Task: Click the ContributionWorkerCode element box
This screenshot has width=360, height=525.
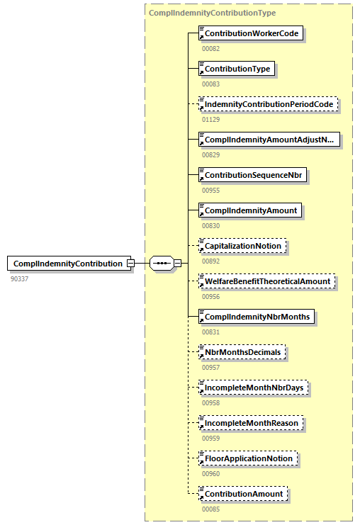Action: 251,33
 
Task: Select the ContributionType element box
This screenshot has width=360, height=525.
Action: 236,69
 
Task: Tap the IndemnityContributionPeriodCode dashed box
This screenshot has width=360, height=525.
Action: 267,104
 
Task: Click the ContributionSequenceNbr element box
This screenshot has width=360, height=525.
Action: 252,175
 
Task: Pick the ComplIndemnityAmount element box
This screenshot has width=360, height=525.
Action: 250,210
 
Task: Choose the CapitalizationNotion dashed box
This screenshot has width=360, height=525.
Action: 243,246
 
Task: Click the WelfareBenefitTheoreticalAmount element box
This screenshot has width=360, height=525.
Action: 266,281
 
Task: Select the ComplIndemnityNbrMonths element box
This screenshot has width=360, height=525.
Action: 256,317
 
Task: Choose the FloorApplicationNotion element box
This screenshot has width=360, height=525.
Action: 248,458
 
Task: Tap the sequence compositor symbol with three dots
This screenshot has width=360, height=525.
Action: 162,264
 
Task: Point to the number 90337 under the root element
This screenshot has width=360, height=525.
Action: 20,278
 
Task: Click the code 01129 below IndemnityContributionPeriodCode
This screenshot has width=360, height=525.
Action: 210,119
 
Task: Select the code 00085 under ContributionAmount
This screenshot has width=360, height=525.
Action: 210,509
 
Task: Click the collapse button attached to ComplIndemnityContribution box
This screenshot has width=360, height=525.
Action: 130,264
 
